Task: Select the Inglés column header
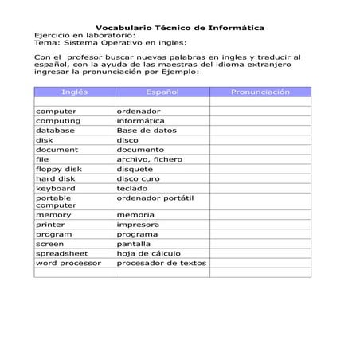[74, 92]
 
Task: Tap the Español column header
[162, 92]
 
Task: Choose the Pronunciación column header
[260, 92]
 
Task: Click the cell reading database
[55, 131]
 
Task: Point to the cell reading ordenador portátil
[155, 197]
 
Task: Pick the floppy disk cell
[59, 169]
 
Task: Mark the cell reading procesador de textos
[162, 263]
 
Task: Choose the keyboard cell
[56, 188]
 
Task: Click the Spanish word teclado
[132, 188]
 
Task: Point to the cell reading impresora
[137, 225]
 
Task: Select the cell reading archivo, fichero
[149, 159]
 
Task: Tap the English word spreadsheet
[62, 253]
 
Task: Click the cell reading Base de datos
[147, 131]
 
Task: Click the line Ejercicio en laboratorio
[84, 36]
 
